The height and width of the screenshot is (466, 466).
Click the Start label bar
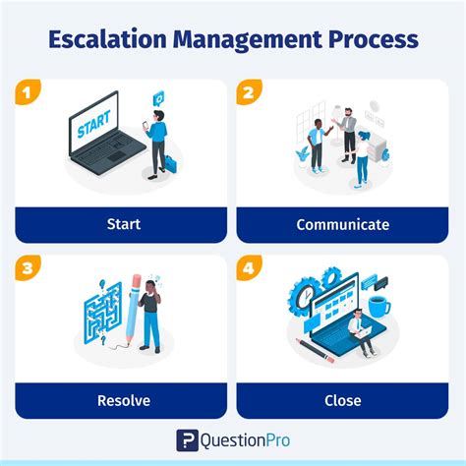121,224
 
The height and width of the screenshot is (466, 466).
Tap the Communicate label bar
342,224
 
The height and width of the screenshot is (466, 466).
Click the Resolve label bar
121,400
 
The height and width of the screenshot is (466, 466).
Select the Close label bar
342,400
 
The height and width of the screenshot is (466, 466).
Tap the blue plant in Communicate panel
302,153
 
